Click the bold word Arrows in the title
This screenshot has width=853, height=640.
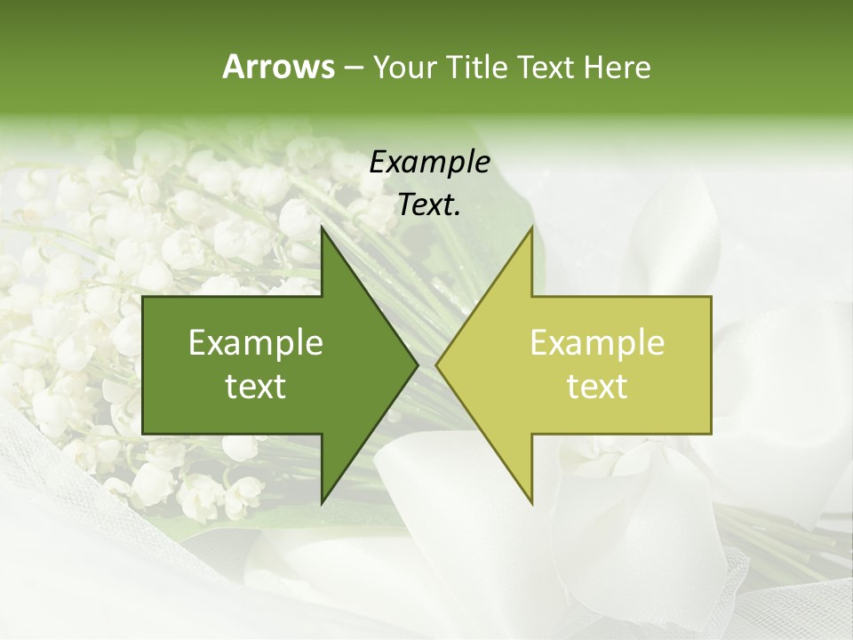coord(277,67)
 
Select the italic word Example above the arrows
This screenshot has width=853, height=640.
coord(429,163)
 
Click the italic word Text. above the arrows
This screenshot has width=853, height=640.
coord(429,205)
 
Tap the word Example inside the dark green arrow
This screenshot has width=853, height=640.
coord(256,343)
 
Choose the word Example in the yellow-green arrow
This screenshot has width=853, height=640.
coord(597,343)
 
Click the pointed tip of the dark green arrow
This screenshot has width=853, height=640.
coord(418,364)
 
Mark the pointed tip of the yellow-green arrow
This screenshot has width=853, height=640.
coord(436,364)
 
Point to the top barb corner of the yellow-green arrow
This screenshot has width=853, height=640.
coord(531,227)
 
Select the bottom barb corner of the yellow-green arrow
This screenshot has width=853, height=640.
coord(531,503)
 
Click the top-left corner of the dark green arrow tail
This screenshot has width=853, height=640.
coord(143,297)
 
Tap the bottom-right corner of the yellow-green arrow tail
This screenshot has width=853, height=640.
coord(711,434)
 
